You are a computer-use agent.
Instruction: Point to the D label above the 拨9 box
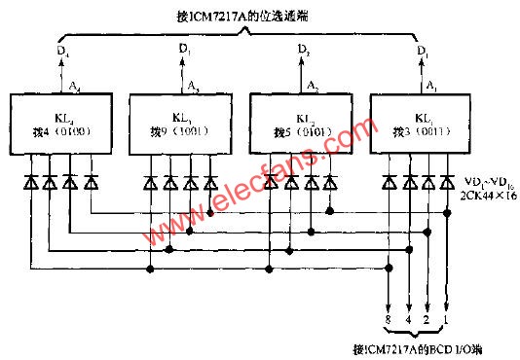point(184,49)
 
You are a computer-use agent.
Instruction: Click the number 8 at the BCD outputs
point(390,319)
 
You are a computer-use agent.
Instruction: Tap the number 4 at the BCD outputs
point(409,319)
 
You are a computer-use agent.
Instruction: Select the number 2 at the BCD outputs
point(428,319)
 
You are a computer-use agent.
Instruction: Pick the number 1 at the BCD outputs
point(448,319)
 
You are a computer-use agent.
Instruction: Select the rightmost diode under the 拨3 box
point(448,181)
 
